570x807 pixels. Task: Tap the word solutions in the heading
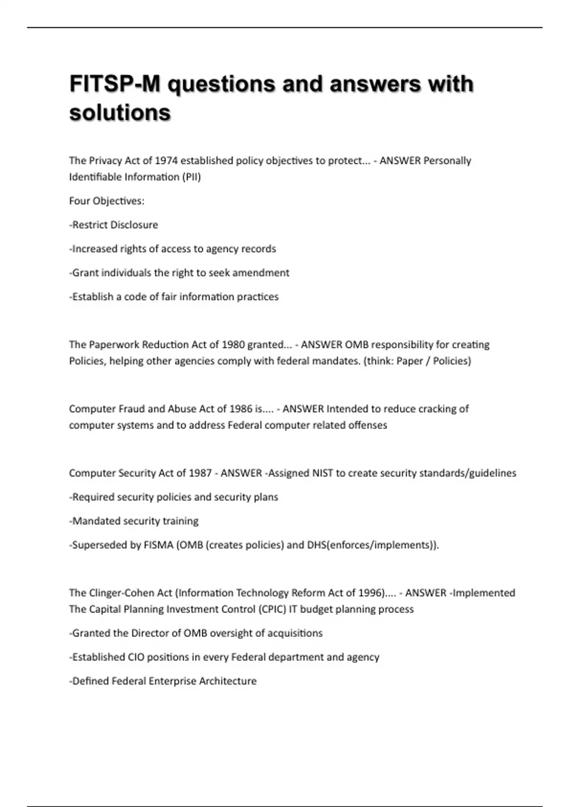(120, 113)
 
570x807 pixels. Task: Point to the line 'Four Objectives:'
(106, 201)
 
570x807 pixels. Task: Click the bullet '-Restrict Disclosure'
(114, 225)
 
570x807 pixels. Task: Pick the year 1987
(200, 473)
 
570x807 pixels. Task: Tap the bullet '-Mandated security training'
(134, 521)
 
